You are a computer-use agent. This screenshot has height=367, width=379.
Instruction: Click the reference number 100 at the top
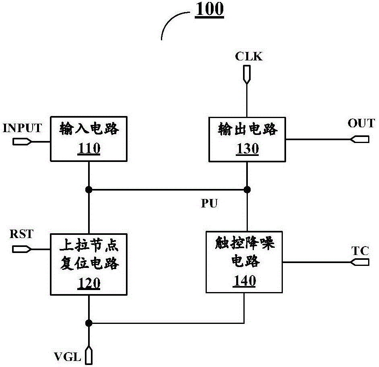(209, 10)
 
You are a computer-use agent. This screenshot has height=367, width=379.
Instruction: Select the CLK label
(249, 57)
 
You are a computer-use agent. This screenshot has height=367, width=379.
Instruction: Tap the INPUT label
(23, 128)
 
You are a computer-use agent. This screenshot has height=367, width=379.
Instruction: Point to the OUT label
(361, 123)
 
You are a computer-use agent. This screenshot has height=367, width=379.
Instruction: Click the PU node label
(209, 204)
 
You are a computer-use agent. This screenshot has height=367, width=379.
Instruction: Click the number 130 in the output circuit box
(247, 149)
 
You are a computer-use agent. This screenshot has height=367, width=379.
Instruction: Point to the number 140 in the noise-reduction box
(244, 281)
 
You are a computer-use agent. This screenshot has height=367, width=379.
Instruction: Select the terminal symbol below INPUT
(23, 141)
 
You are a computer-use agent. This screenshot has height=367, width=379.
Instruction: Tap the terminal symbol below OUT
(360, 139)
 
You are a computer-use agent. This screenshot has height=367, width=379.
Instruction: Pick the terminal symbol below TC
(360, 262)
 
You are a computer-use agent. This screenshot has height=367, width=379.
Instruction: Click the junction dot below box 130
(247, 189)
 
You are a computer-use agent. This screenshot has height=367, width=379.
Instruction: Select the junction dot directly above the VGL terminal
(89, 323)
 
